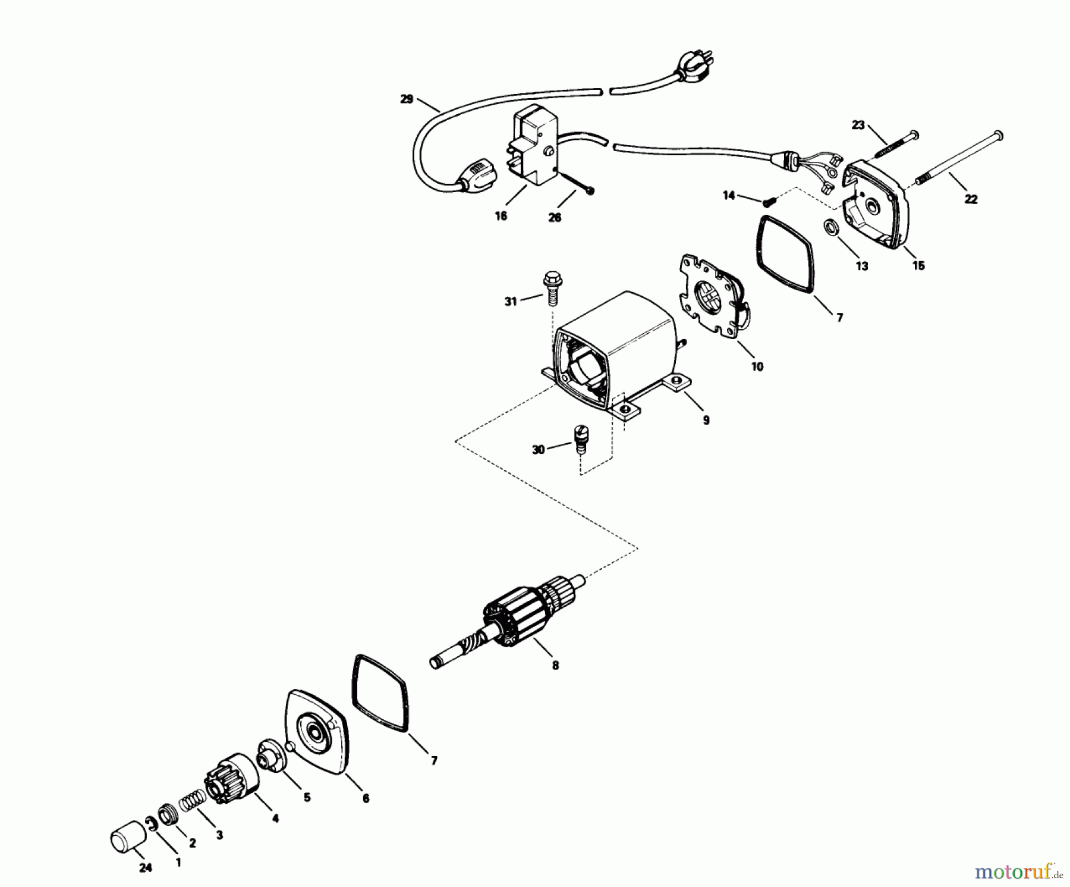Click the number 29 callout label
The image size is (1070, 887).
pos(407,99)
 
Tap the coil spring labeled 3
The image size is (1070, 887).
pos(190,803)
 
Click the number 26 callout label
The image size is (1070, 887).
pos(554,218)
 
